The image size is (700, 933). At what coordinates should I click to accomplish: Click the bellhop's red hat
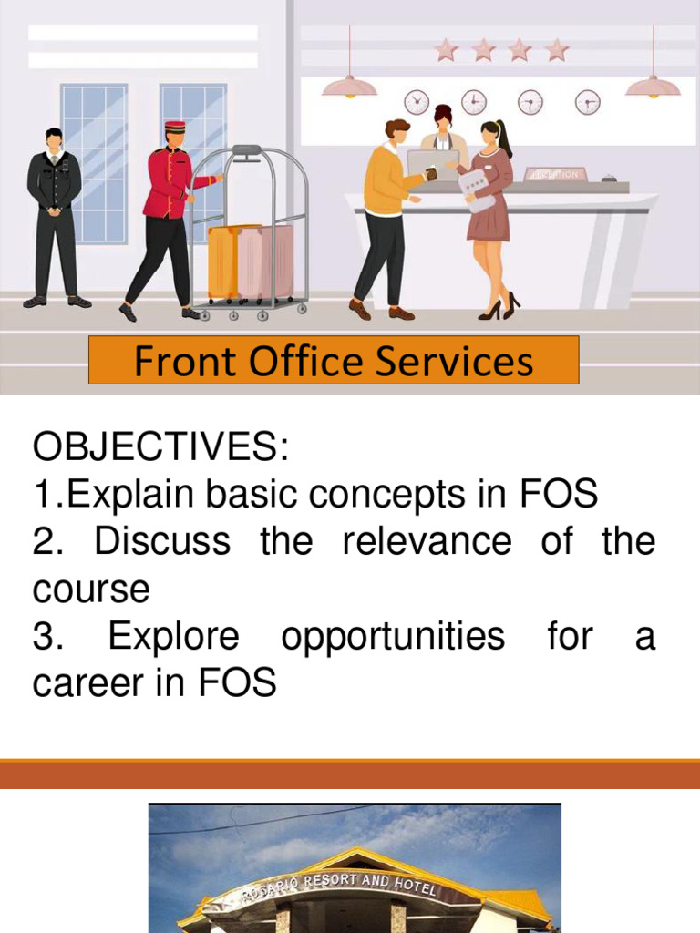click(175, 127)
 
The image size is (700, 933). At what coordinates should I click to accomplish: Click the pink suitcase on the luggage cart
click(265, 261)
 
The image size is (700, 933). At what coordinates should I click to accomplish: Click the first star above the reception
click(446, 49)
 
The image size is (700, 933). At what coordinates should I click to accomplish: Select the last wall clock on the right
click(588, 102)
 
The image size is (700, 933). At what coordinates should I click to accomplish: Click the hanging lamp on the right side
click(652, 85)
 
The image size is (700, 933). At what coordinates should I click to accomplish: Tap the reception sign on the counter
click(555, 174)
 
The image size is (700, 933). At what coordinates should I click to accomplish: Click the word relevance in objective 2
click(427, 541)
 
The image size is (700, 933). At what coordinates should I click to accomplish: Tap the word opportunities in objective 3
click(393, 636)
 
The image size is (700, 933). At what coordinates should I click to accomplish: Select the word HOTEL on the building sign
click(415, 887)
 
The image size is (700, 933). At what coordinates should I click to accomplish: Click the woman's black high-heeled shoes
click(499, 307)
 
